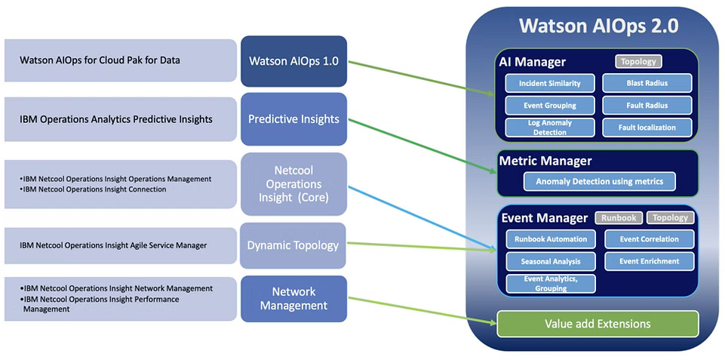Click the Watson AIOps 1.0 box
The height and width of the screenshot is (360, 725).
(293, 61)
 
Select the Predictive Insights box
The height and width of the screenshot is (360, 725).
(293, 119)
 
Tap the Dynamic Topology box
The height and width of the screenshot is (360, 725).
(293, 245)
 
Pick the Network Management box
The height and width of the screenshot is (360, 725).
(293, 298)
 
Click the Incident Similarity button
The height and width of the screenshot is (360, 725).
(549, 83)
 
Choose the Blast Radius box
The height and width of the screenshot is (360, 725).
(647, 83)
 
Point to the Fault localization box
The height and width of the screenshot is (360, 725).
(647, 128)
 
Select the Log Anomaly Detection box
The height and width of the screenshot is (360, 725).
(549, 128)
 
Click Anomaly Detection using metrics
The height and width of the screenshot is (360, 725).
(599, 181)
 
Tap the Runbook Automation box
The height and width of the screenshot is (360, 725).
(551, 239)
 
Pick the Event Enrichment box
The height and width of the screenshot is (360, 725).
(649, 261)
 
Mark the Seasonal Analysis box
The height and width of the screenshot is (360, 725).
(551, 261)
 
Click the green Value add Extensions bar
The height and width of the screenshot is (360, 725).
(598, 324)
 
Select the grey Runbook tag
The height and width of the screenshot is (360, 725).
(619, 218)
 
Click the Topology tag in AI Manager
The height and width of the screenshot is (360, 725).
(638, 62)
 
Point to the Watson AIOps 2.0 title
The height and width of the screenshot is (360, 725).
(598, 26)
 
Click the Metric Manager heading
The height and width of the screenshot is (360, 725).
(545, 161)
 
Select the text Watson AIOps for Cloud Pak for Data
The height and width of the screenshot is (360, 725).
(100, 60)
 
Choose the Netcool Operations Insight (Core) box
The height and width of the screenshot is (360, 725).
(293, 183)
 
